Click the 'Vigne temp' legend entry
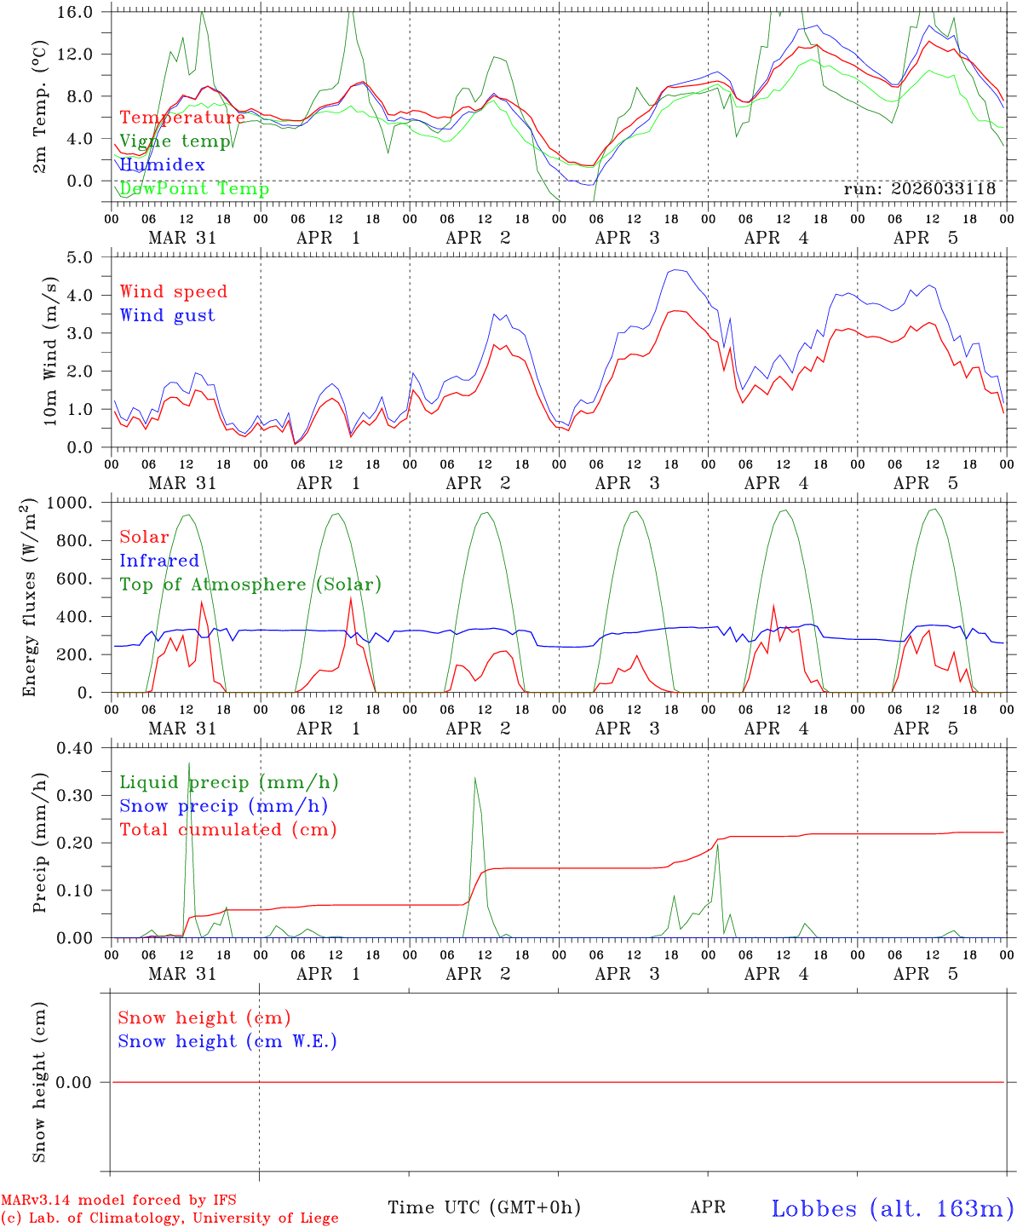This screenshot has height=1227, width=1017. [175, 141]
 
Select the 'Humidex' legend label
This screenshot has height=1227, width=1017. [162, 165]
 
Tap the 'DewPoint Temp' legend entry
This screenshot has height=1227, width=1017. [194, 189]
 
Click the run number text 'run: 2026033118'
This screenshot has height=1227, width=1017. [919, 189]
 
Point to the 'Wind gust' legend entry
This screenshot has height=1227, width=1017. [167, 315]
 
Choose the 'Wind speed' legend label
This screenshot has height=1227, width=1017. [174, 291]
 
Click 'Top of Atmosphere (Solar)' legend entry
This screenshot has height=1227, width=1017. [250, 585]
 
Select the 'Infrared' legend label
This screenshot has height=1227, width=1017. [159, 561]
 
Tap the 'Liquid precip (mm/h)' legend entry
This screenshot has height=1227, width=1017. [228, 782]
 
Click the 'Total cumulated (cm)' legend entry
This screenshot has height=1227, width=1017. [228, 830]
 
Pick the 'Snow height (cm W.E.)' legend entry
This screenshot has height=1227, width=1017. [227, 1041]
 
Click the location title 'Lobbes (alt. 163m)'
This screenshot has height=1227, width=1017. [893, 1208]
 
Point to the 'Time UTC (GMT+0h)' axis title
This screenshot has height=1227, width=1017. [485, 1207]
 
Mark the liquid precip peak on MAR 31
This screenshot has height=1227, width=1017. [189, 763]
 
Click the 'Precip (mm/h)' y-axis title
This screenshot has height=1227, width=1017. [40, 844]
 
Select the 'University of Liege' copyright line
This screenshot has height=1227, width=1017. [169, 1218]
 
